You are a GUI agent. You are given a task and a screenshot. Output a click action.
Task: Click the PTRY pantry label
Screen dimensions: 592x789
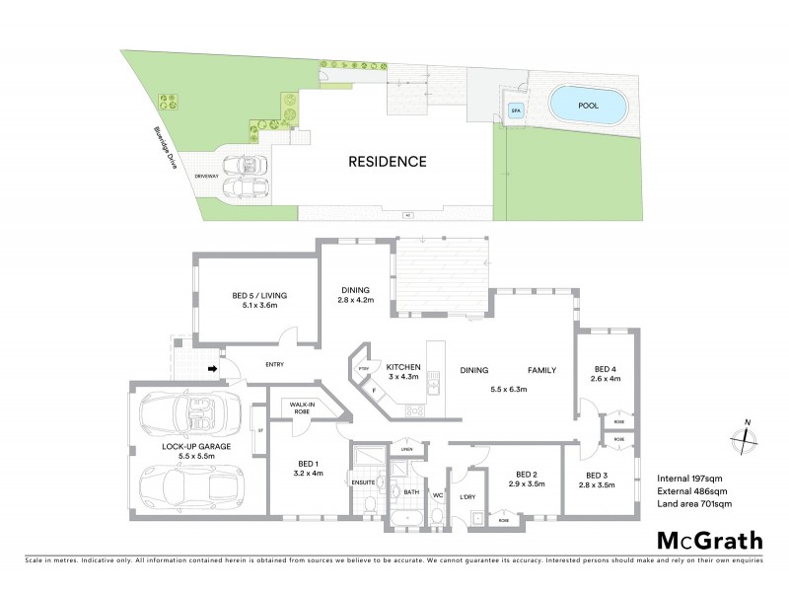(x=363, y=370)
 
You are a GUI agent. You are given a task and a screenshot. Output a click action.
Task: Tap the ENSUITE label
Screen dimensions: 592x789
(x=363, y=483)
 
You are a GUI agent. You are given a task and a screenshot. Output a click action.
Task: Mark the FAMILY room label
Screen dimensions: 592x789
(x=539, y=371)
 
